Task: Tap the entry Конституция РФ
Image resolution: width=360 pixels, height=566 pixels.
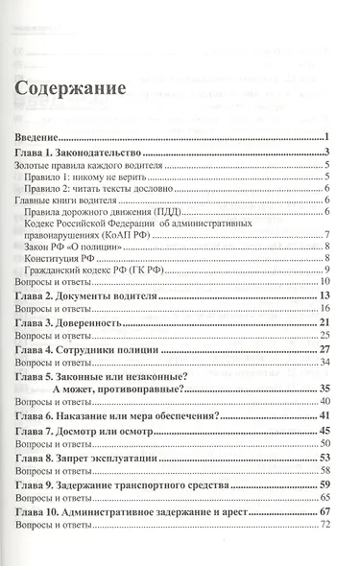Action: pyautogui.click(x=83, y=259)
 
